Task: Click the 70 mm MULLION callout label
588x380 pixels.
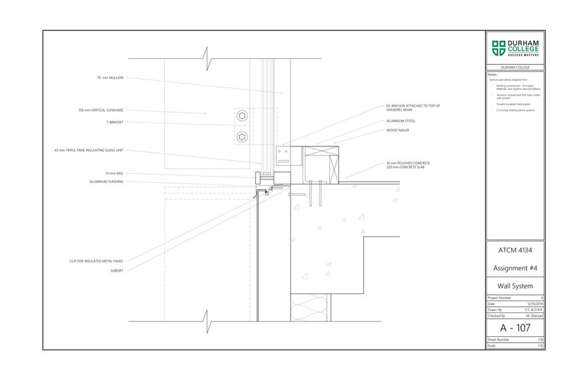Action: (110, 77)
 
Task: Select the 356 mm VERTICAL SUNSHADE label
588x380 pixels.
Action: (101, 110)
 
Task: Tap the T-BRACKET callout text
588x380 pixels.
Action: (114, 122)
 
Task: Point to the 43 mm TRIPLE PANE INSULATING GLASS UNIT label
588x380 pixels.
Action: (90, 150)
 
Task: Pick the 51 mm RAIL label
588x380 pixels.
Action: (115, 173)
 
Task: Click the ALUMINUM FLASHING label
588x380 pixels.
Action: (106, 182)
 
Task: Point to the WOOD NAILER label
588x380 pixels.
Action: (398, 130)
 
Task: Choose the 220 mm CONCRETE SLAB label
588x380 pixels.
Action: (407, 167)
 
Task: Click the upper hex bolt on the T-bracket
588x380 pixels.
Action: (243, 116)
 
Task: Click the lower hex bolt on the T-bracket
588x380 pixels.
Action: (243, 136)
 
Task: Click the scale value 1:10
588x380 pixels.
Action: (539, 346)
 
